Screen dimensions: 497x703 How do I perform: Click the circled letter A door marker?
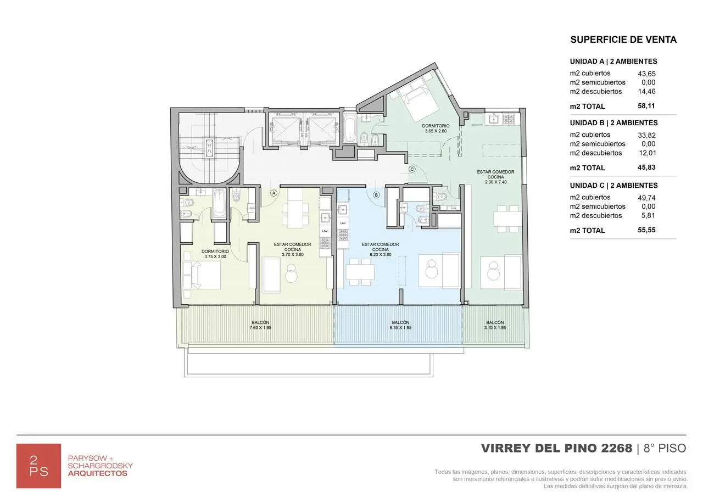(273, 193)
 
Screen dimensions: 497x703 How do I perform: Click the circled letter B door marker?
(376, 194)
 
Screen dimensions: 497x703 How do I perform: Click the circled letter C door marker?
(412, 170)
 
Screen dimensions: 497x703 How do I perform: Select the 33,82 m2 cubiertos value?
(646, 135)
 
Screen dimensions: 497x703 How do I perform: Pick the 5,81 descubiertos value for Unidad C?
(648, 216)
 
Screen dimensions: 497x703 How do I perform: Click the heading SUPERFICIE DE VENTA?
(623, 40)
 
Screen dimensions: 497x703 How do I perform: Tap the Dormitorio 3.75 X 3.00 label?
(215, 254)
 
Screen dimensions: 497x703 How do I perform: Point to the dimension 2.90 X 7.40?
(495, 182)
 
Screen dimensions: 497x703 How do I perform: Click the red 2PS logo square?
(38, 466)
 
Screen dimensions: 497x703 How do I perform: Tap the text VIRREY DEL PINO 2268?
(556, 448)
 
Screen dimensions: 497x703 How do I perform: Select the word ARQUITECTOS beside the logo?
(97, 473)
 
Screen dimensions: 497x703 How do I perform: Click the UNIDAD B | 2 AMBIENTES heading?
(613, 123)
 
